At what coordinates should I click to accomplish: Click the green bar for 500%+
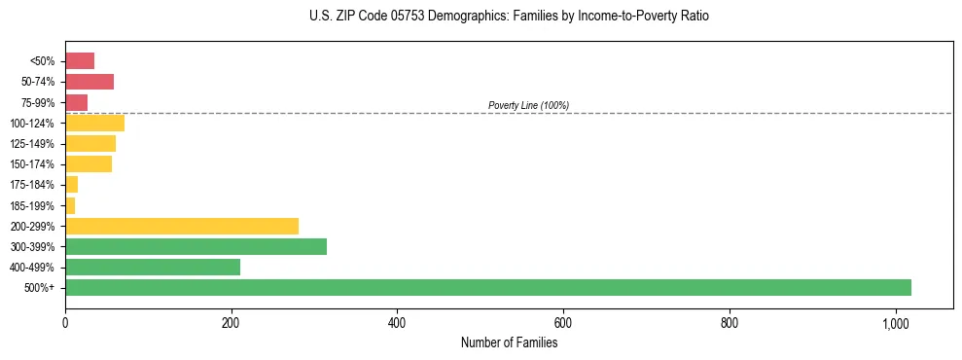(x=487, y=287)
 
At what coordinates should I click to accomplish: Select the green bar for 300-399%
(x=196, y=246)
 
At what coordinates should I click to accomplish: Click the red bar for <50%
(x=80, y=61)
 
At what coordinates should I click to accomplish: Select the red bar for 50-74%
(x=89, y=82)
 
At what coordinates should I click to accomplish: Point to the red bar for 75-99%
(x=77, y=102)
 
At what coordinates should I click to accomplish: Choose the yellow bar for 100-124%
(x=94, y=123)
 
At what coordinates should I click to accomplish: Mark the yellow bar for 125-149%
(x=90, y=143)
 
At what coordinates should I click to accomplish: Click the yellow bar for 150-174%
(x=89, y=163)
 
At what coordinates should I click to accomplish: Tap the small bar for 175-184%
(x=71, y=184)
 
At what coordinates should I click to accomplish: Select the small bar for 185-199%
(x=70, y=205)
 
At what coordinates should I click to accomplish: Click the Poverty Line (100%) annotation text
(x=528, y=105)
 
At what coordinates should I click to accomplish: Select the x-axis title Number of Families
(x=509, y=342)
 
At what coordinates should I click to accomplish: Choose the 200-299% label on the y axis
(x=33, y=226)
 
